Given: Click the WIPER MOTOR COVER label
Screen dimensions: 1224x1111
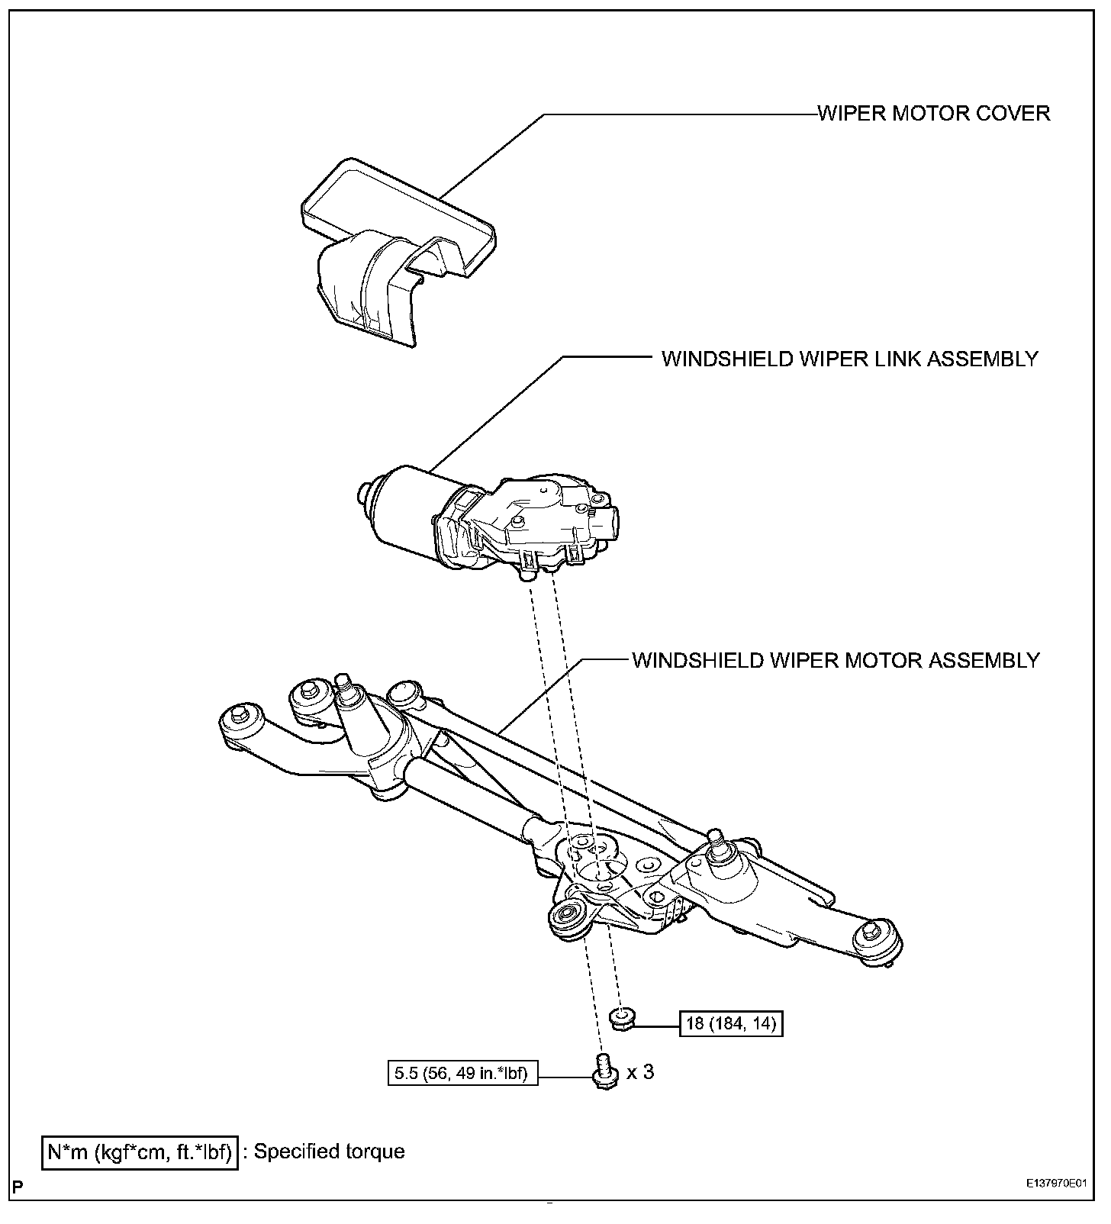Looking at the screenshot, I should [933, 114].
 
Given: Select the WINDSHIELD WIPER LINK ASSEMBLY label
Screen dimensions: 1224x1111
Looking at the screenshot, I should [849, 359].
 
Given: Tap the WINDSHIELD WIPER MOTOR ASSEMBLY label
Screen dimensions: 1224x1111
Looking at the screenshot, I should [836, 660].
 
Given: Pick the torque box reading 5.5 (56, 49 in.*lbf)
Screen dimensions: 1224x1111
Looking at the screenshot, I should [462, 1074].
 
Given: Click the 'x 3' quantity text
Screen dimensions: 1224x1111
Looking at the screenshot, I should [640, 1072].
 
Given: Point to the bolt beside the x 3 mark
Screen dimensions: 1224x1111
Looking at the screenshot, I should [603, 1071].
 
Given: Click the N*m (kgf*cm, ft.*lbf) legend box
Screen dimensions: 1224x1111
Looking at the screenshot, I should [140, 1152].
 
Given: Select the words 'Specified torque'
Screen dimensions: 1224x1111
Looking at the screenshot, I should [330, 1152].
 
